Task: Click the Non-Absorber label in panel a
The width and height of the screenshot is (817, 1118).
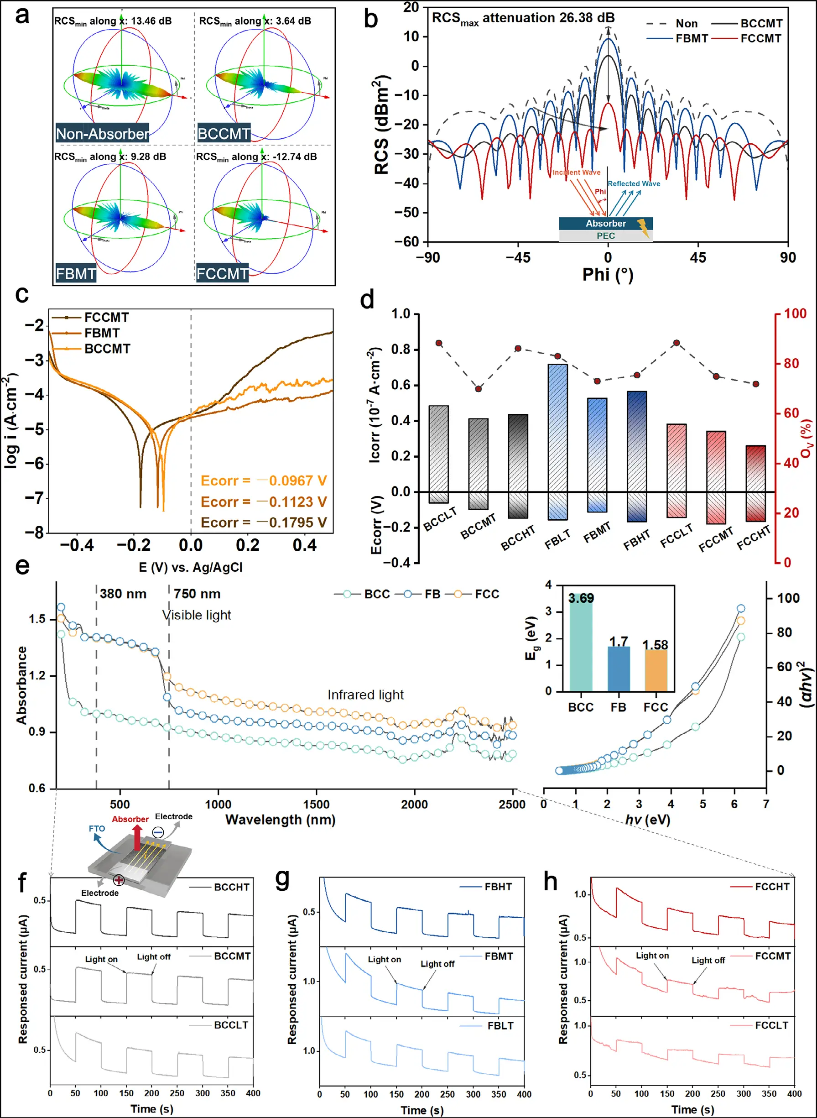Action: (x=102, y=134)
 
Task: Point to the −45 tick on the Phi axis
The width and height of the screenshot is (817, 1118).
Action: (x=518, y=257)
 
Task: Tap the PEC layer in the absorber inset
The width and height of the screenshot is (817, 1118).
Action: (x=606, y=236)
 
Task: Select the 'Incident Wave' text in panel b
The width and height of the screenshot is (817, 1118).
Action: (x=576, y=172)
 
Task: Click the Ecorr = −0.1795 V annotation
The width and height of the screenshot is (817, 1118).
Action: (x=264, y=522)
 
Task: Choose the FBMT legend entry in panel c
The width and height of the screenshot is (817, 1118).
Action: (x=102, y=333)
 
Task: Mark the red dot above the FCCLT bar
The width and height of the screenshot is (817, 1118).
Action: (x=676, y=343)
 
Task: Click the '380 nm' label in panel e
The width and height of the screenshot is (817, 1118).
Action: (x=123, y=594)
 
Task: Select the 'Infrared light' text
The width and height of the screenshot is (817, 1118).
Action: (x=365, y=695)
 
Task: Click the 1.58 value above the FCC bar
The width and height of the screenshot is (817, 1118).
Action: (x=655, y=645)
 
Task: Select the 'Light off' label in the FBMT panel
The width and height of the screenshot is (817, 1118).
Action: (x=437, y=964)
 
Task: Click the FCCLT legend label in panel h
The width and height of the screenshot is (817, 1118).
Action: (x=771, y=1025)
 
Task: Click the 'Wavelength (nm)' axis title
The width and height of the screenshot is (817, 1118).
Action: (x=281, y=820)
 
